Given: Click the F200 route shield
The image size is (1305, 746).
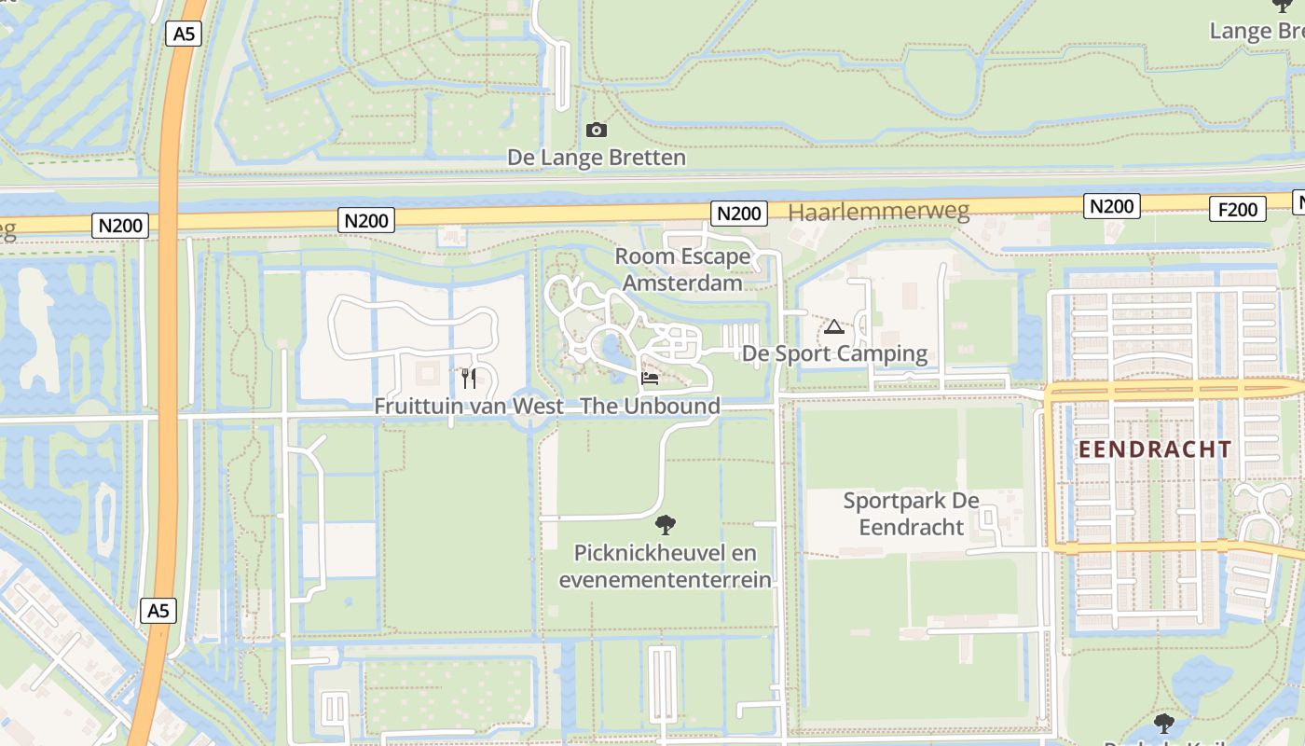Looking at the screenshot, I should [x=1238, y=209].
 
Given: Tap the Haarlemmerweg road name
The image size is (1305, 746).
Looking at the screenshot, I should [x=878, y=212].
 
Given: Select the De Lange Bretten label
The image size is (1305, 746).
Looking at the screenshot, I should [x=597, y=158].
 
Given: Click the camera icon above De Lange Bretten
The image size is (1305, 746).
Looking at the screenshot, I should [x=597, y=131].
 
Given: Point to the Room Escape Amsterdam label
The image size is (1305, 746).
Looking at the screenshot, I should [x=682, y=269].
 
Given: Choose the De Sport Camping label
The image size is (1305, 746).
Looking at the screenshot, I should [x=834, y=354].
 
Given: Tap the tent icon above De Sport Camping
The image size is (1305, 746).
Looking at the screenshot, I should [x=833, y=327].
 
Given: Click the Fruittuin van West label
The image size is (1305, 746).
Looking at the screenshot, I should [x=469, y=407].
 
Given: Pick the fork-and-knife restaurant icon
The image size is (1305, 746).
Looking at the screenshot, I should [x=469, y=378].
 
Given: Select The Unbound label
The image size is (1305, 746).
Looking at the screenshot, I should [x=651, y=407].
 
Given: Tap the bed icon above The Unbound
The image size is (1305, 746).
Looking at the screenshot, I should [x=650, y=379].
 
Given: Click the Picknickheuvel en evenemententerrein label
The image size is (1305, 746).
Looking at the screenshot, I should [x=666, y=566].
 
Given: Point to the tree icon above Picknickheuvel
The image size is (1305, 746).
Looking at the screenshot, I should [x=666, y=525].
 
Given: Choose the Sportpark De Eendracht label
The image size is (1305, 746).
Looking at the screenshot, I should [x=911, y=514].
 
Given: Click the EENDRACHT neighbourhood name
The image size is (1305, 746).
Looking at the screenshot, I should [x=1155, y=449].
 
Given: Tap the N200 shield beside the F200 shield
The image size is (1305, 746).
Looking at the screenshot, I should [x=1111, y=206].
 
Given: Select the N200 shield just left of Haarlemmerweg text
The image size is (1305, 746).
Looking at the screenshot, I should [x=739, y=214].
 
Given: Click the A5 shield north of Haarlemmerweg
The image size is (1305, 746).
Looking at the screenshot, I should [x=184, y=35].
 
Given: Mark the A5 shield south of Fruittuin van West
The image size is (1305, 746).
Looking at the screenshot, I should [x=158, y=611].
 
